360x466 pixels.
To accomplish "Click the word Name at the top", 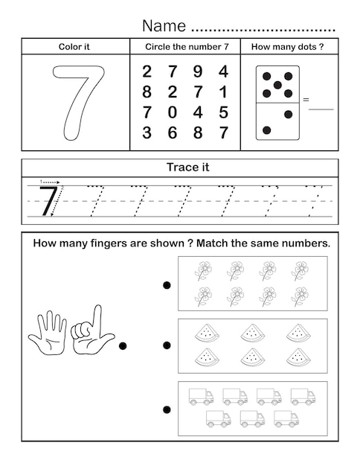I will click(x=164, y=26).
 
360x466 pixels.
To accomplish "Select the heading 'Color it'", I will click(x=74, y=46).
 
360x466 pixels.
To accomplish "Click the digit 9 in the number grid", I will click(x=197, y=72).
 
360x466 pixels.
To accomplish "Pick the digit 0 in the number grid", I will click(x=173, y=113).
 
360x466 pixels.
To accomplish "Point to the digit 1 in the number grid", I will click(x=223, y=92).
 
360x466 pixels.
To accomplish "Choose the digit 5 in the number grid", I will click(x=223, y=113).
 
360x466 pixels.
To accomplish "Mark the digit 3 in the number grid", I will click(x=147, y=133).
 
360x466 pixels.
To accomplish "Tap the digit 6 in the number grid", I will click(x=173, y=133).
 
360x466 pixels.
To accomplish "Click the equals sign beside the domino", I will click(x=305, y=99).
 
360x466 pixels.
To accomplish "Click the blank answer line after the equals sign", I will click(x=321, y=108).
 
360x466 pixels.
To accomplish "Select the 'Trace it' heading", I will click(x=190, y=167).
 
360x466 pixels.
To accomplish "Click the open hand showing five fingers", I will click(x=48, y=330).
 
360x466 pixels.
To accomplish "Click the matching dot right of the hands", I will click(x=123, y=345).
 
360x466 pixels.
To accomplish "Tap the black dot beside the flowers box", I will click(x=167, y=284).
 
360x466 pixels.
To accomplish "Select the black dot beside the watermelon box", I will click(x=167, y=345).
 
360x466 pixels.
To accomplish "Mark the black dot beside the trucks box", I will click(x=167, y=409).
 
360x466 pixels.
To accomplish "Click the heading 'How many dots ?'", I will click(x=288, y=46).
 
